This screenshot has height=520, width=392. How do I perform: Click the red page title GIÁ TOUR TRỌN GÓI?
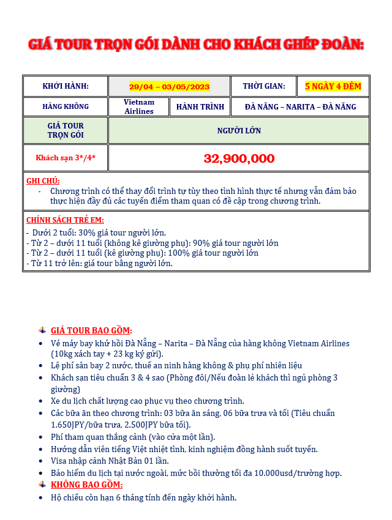(x=196, y=45)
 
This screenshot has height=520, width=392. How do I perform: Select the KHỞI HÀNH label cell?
(x=66, y=86)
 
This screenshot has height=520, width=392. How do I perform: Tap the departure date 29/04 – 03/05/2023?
(x=169, y=86)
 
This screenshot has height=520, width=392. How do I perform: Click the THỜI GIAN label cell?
(x=263, y=86)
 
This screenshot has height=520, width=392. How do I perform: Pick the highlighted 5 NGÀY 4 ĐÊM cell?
(x=333, y=86)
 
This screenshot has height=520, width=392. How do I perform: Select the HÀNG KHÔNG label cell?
(x=66, y=106)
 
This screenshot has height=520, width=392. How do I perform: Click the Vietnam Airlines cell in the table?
(x=139, y=106)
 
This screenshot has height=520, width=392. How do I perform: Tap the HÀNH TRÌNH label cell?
(x=200, y=106)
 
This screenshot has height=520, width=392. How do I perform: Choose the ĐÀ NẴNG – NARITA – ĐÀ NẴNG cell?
(x=300, y=106)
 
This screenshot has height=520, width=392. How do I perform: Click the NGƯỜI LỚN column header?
(x=239, y=130)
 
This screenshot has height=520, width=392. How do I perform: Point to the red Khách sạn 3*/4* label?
(x=66, y=158)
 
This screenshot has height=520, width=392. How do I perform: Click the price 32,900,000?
(x=239, y=158)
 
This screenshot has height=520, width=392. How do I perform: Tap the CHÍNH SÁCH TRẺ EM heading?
(x=65, y=220)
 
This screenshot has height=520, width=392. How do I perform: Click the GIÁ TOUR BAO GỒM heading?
(x=91, y=330)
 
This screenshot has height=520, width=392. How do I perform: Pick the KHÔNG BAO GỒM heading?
(x=83, y=485)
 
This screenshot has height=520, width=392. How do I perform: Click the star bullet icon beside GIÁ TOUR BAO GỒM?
(x=42, y=330)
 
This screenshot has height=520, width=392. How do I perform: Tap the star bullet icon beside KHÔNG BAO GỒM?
(x=42, y=485)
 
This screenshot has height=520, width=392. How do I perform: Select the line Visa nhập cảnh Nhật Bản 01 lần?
(x=110, y=461)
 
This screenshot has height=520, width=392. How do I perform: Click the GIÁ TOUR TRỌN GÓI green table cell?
(x=66, y=130)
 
